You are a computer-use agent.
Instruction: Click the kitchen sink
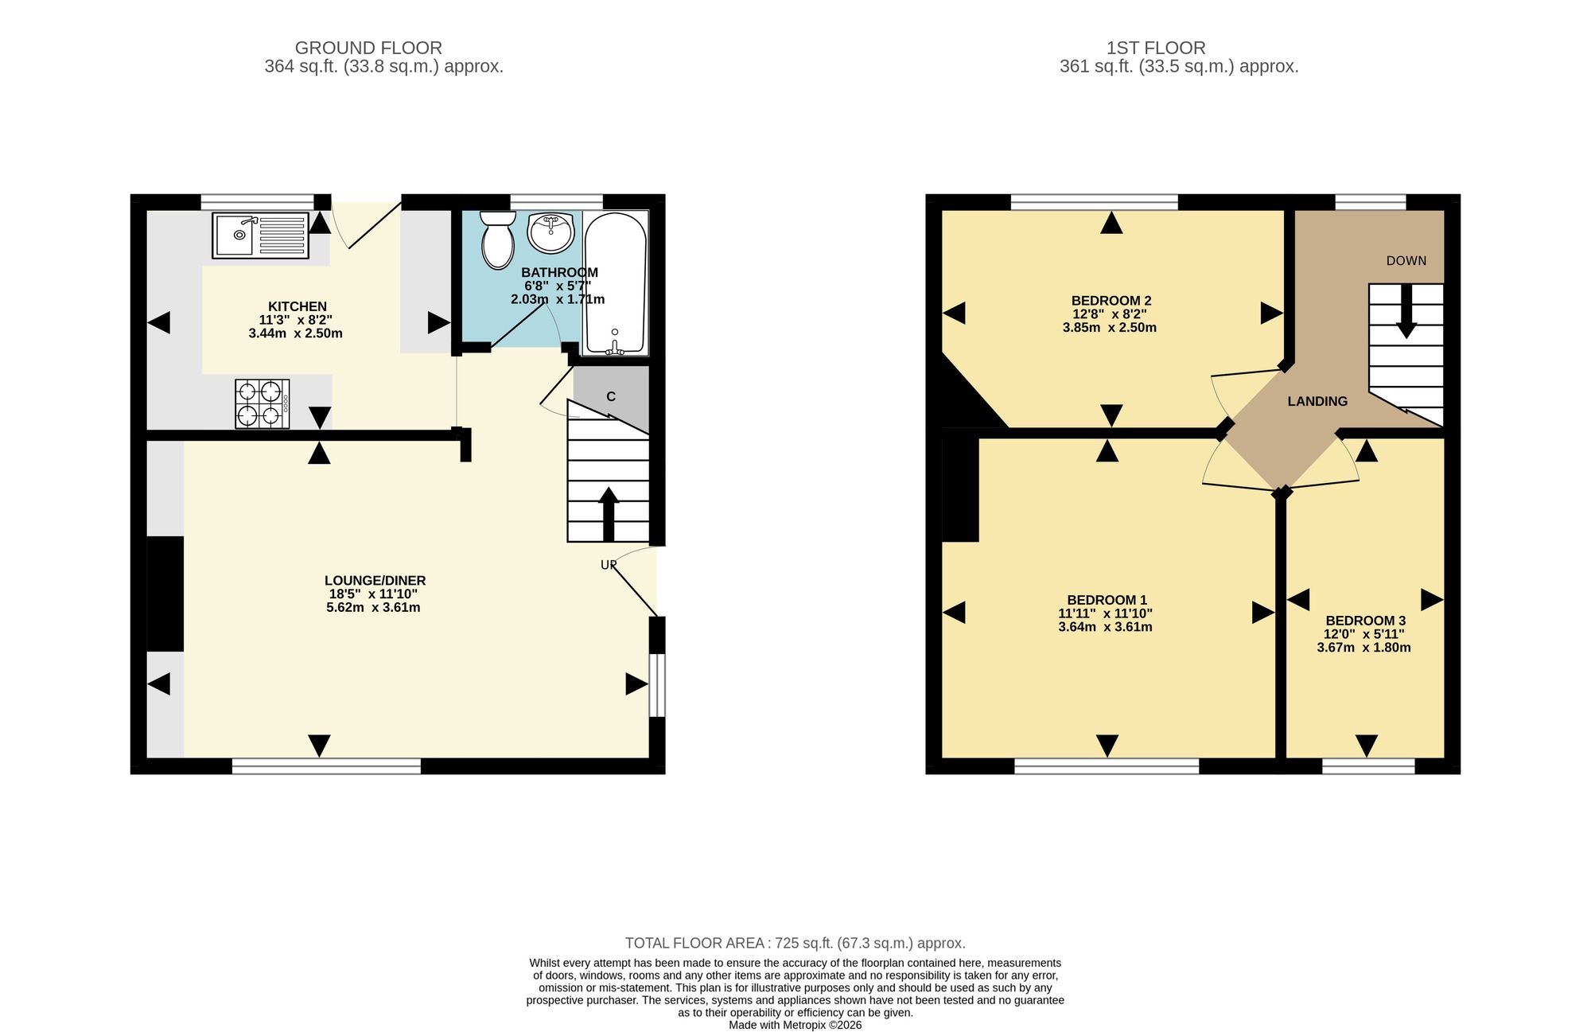click(x=260, y=235)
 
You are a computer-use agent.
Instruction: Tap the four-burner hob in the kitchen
click(x=262, y=403)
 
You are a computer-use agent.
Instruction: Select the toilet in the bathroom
click(x=498, y=240)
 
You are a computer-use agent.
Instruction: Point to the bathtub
click(x=615, y=283)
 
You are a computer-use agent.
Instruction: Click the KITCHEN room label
click(x=298, y=306)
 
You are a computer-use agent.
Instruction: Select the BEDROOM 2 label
click(x=1111, y=301)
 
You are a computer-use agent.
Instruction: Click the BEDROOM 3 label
click(x=1365, y=621)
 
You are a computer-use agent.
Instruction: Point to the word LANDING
click(x=1317, y=402)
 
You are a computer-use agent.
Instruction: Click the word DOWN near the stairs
click(x=1406, y=261)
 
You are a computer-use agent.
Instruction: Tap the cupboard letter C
click(x=611, y=397)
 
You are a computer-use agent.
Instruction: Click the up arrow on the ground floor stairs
click(x=609, y=514)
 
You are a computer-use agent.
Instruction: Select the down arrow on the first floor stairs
click(x=1406, y=311)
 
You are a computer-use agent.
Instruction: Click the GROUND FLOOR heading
click(x=368, y=48)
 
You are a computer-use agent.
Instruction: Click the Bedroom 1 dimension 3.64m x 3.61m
click(x=1105, y=627)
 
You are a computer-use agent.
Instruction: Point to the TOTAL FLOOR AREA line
click(x=795, y=944)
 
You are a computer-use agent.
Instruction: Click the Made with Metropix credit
click(x=795, y=1026)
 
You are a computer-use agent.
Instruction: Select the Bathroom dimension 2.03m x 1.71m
click(x=558, y=300)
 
